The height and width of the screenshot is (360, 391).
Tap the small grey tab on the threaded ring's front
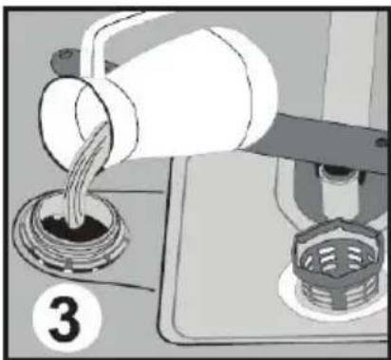(67, 263)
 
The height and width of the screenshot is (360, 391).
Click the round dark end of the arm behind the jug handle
(65, 56)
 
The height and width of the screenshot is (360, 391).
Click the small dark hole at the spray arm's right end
(382, 142)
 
